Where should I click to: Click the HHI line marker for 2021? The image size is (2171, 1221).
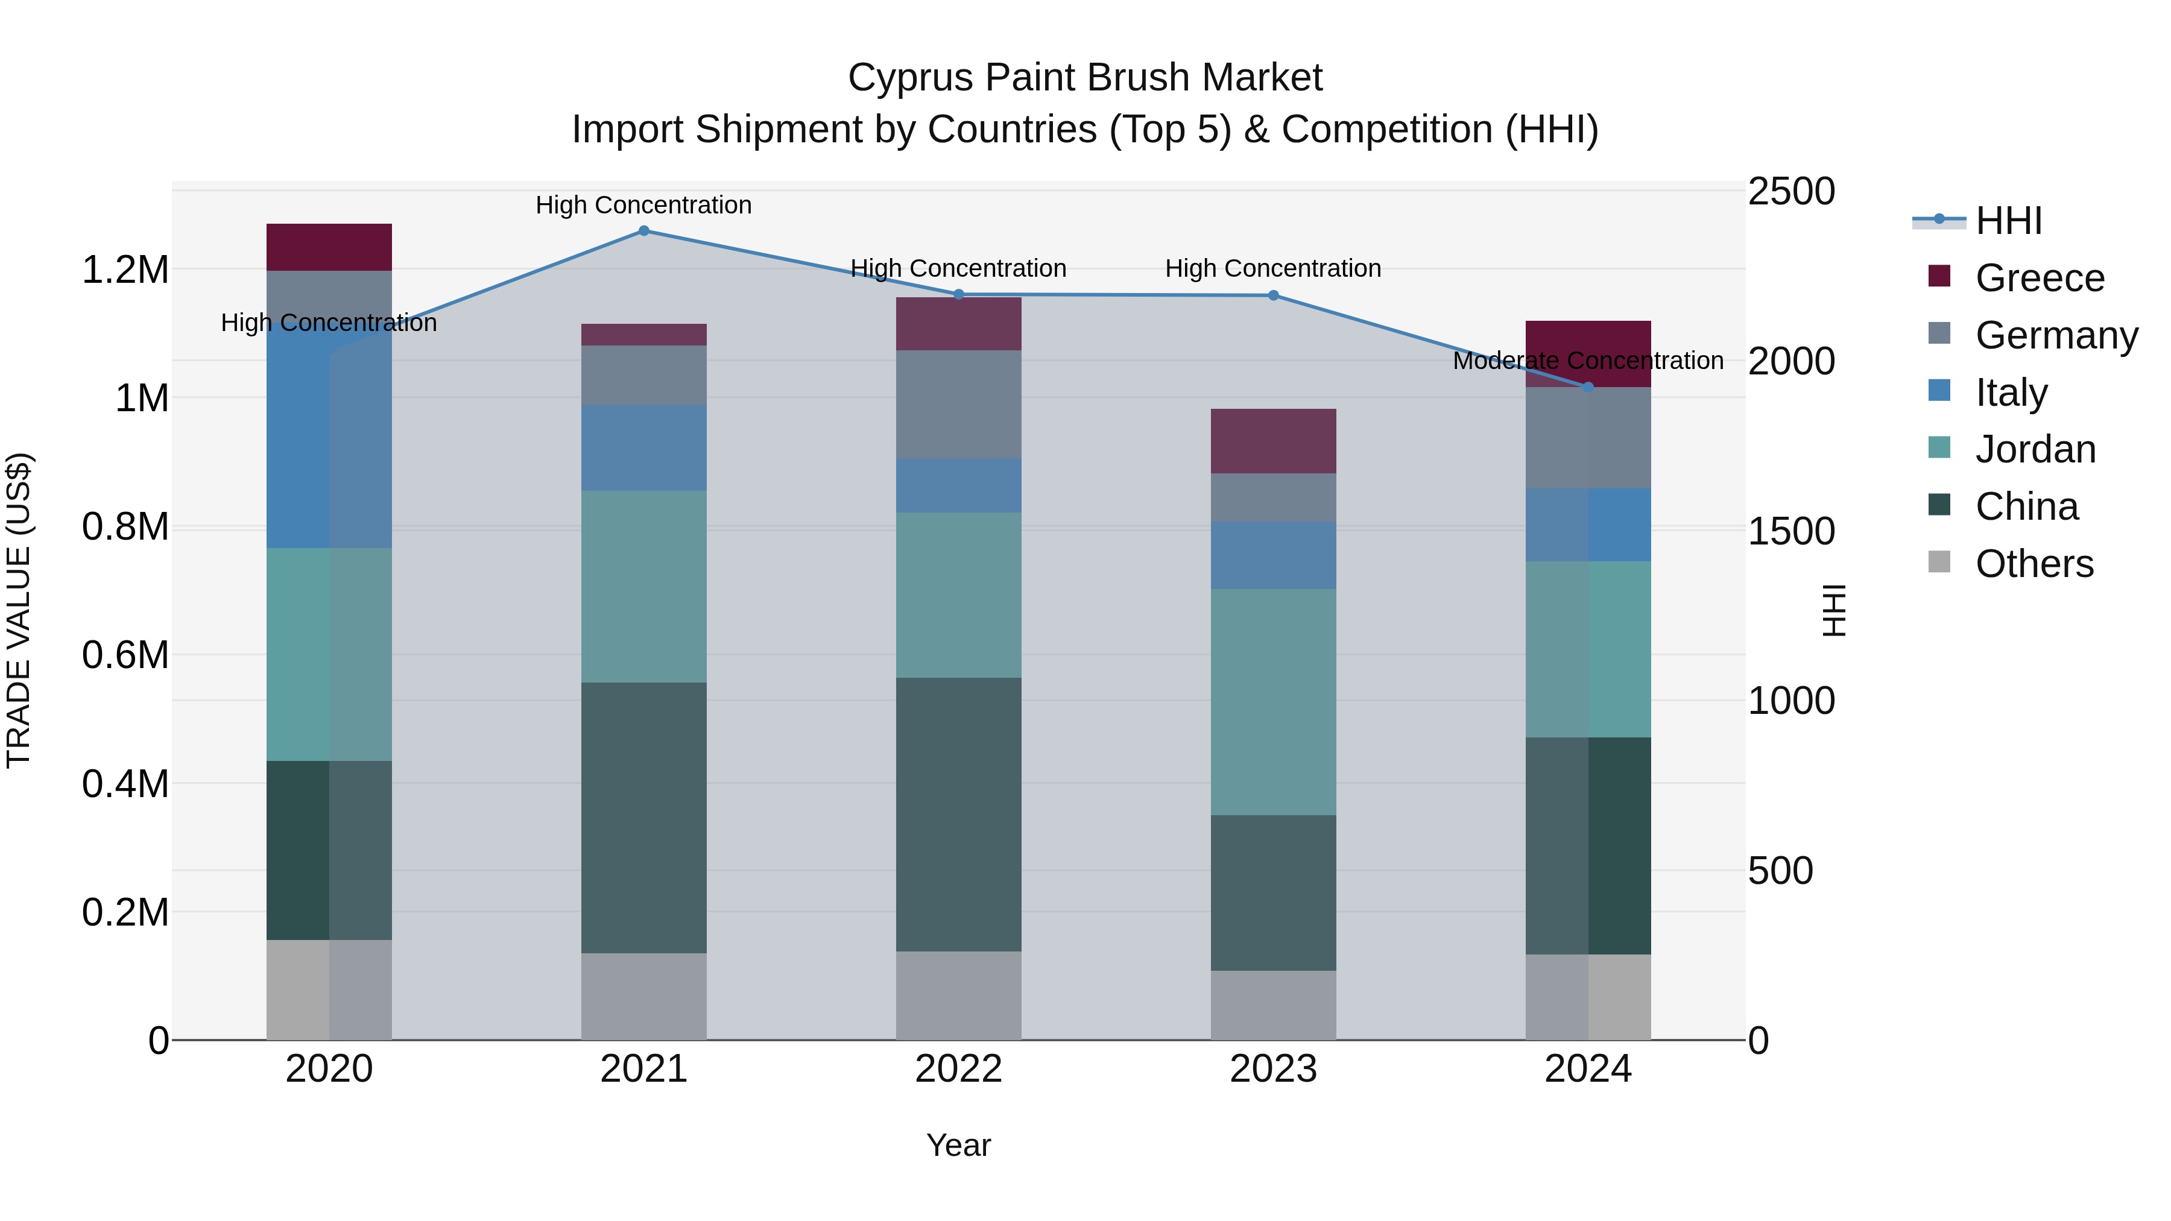click(644, 231)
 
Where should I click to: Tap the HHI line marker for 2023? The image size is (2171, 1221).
click(1274, 296)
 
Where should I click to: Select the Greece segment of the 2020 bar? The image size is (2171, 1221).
click(329, 247)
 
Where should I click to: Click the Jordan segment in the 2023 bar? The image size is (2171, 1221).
click(1274, 701)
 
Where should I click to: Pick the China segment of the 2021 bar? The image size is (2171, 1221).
click(644, 818)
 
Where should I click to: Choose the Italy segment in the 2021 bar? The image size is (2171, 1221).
click(644, 447)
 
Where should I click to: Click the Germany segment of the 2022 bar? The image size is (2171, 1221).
click(958, 405)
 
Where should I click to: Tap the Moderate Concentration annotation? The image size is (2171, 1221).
click(1588, 361)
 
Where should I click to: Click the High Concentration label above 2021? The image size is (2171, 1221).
click(644, 205)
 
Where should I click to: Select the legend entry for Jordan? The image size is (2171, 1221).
click(2035, 449)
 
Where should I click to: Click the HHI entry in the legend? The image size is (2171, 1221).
click(2008, 221)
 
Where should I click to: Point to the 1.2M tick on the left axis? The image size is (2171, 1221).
click(125, 271)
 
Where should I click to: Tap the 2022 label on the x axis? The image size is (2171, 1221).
click(958, 1069)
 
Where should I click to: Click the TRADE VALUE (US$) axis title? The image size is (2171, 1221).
click(19, 610)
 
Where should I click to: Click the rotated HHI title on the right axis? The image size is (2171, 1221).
click(1834, 610)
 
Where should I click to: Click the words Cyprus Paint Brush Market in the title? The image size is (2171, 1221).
click(1085, 78)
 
